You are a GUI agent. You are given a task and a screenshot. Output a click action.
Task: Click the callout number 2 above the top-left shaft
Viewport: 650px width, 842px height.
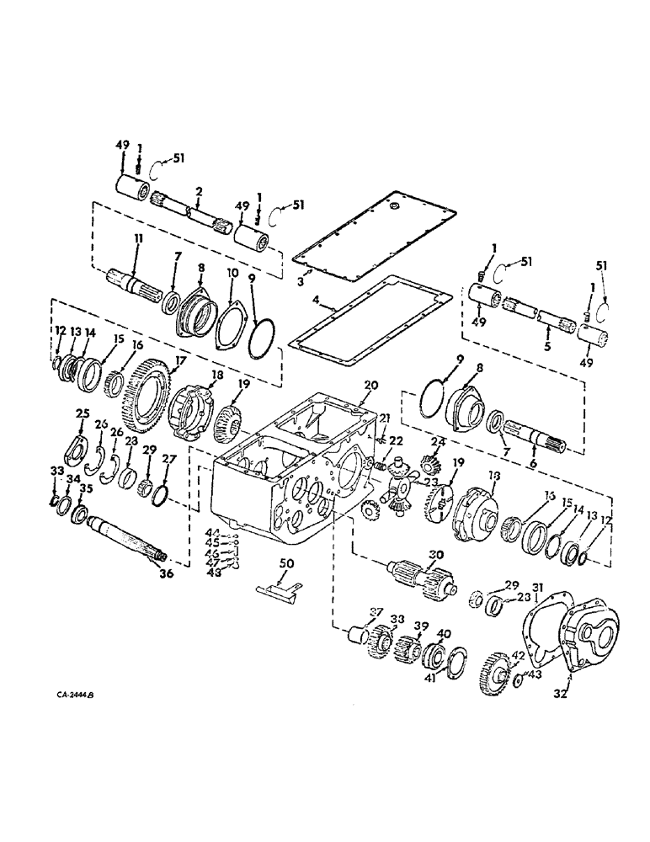[x=198, y=192]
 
